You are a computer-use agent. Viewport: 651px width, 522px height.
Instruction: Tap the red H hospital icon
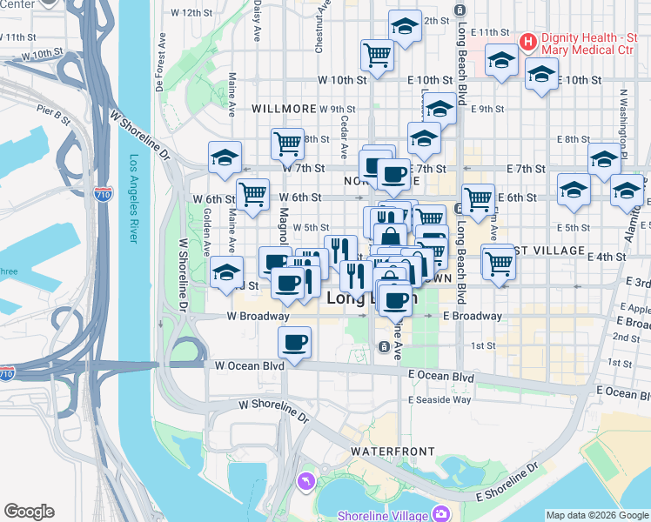click(x=527, y=41)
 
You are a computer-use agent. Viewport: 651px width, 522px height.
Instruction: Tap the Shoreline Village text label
click(x=381, y=514)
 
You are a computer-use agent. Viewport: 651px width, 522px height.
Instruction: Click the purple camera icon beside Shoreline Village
click(x=441, y=514)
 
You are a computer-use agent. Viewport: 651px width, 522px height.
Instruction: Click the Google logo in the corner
click(x=29, y=512)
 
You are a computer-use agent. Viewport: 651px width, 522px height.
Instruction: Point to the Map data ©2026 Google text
click(x=596, y=515)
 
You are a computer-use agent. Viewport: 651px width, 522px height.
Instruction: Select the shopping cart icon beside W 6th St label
click(x=252, y=192)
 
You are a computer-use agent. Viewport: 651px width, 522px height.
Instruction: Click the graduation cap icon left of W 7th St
click(x=225, y=157)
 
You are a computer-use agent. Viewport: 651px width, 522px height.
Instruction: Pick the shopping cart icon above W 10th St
click(x=378, y=54)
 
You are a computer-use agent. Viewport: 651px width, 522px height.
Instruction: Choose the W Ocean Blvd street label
click(x=250, y=366)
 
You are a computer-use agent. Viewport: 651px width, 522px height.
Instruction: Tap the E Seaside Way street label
click(x=440, y=399)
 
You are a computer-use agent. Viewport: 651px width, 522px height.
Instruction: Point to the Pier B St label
click(x=53, y=111)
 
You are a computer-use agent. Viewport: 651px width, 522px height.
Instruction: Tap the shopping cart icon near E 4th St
click(x=498, y=261)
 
